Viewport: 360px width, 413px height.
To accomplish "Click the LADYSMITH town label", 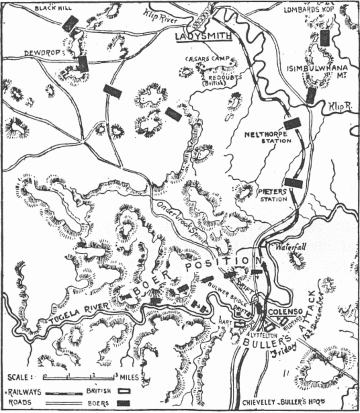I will pyautogui.click(x=203, y=36).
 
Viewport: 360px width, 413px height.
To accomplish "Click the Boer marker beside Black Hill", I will pyautogui.click(x=71, y=23).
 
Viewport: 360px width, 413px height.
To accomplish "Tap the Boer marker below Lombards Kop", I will pyautogui.click(x=325, y=38).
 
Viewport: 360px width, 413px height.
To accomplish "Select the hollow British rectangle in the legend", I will pyautogui.click(x=124, y=391).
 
